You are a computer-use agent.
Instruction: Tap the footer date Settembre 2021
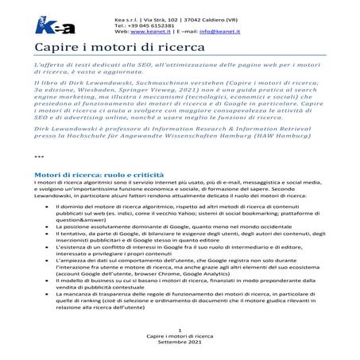180,353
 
